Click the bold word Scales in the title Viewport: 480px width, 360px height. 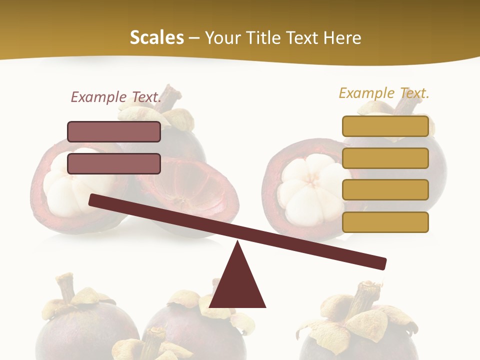(x=156, y=37)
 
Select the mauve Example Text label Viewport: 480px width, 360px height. (x=116, y=97)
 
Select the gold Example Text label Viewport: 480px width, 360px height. (x=384, y=93)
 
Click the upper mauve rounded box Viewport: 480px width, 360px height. (x=114, y=131)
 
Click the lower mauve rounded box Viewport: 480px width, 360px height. (x=114, y=163)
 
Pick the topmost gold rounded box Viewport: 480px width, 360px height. (x=385, y=126)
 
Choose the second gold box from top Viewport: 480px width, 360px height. (x=385, y=158)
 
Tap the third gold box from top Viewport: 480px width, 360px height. (x=385, y=190)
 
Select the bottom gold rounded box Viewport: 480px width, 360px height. (x=385, y=222)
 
